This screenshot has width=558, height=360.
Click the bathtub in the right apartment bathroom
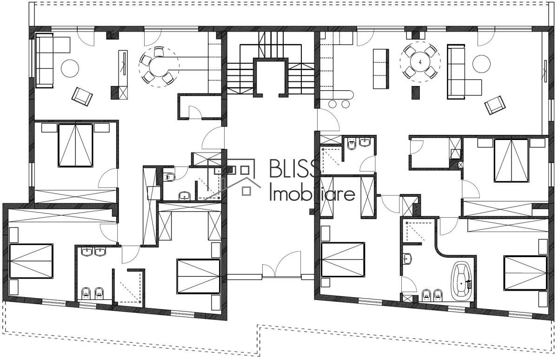461,281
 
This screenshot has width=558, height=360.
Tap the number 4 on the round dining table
420,62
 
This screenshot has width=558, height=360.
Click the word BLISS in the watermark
295,168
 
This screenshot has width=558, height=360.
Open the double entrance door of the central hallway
282,265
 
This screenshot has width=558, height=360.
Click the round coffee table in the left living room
70,68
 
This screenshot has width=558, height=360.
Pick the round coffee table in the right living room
482,64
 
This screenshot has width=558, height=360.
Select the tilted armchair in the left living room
82,97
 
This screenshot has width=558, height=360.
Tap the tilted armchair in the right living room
495,105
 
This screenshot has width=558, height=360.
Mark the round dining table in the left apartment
159,67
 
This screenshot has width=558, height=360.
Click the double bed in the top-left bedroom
75,145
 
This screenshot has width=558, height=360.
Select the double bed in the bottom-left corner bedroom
31,261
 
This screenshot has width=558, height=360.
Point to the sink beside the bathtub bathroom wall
407,259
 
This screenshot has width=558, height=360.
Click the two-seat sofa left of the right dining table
381,69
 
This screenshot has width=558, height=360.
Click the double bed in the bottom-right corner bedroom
525,273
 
